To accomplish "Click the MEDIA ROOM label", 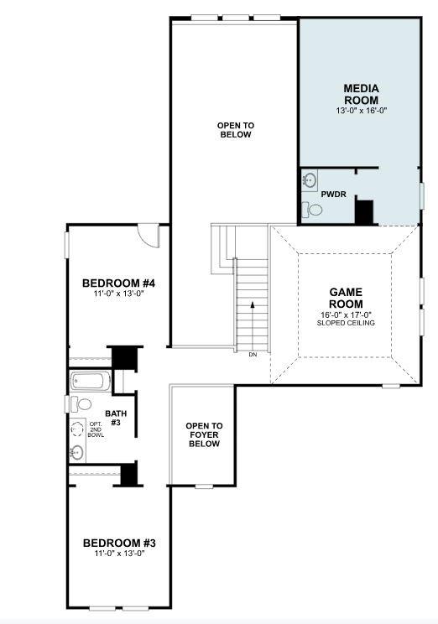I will (x=361, y=94).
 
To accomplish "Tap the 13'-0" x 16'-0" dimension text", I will (x=361, y=110).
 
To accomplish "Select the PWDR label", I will (x=333, y=194).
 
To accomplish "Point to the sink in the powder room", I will (x=309, y=179).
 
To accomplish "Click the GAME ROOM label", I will (x=345, y=298).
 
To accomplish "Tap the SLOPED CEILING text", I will (x=346, y=323).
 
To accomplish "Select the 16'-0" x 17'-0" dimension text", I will (x=346, y=314).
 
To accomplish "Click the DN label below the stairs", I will (x=253, y=355).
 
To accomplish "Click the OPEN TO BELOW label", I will (x=235, y=129).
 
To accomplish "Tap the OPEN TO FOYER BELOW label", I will (x=204, y=434).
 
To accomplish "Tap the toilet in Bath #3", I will (x=83, y=404).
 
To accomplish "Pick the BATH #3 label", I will (x=113, y=418).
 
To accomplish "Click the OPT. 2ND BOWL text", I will (x=96, y=429).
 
